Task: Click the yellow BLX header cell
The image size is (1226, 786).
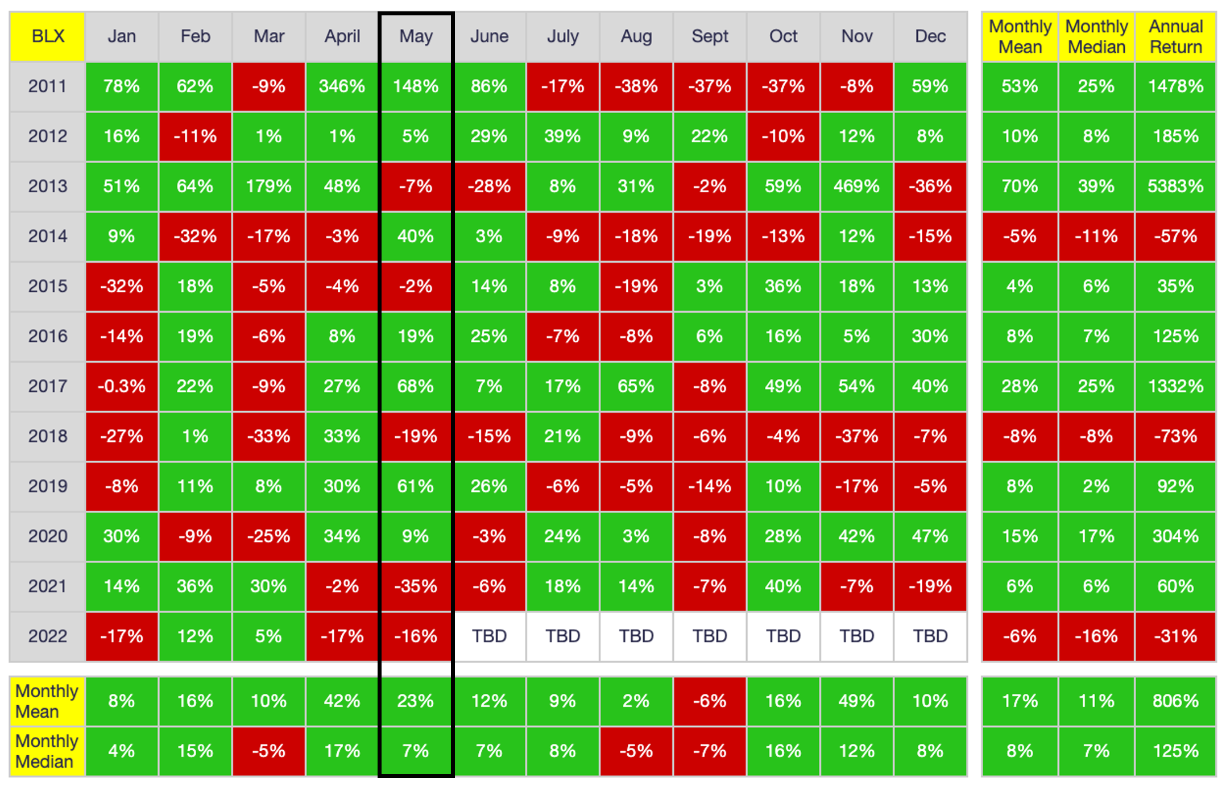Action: [48, 36]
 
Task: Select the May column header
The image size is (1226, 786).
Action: [416, 36]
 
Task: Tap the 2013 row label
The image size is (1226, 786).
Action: [48, 186]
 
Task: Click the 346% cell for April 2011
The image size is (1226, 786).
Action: [342, 86]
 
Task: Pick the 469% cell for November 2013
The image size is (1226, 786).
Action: [856, 186]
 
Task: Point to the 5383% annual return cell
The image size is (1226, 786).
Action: [1175, 186]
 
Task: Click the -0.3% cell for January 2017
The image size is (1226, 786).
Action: [122, 386]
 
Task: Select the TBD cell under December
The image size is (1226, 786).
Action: [930, 636]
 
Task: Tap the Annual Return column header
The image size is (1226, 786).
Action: [1175, 36]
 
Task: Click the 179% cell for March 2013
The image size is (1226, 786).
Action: [268, 186]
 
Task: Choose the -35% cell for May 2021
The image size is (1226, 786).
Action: [416, 586]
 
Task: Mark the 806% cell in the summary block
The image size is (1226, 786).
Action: [1175, 701]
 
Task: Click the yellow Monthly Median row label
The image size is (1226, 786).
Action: [47, 751]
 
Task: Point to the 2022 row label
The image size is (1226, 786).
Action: [48, 636]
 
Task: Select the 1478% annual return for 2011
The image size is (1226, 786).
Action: [1175, 86]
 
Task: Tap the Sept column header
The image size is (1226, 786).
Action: [710, 36]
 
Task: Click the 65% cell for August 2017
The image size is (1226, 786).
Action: [636, 386]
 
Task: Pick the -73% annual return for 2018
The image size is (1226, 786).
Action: [1175, 436]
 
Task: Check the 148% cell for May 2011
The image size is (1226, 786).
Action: [416, 86]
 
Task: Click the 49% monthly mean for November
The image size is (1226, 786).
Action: [856, 701]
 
